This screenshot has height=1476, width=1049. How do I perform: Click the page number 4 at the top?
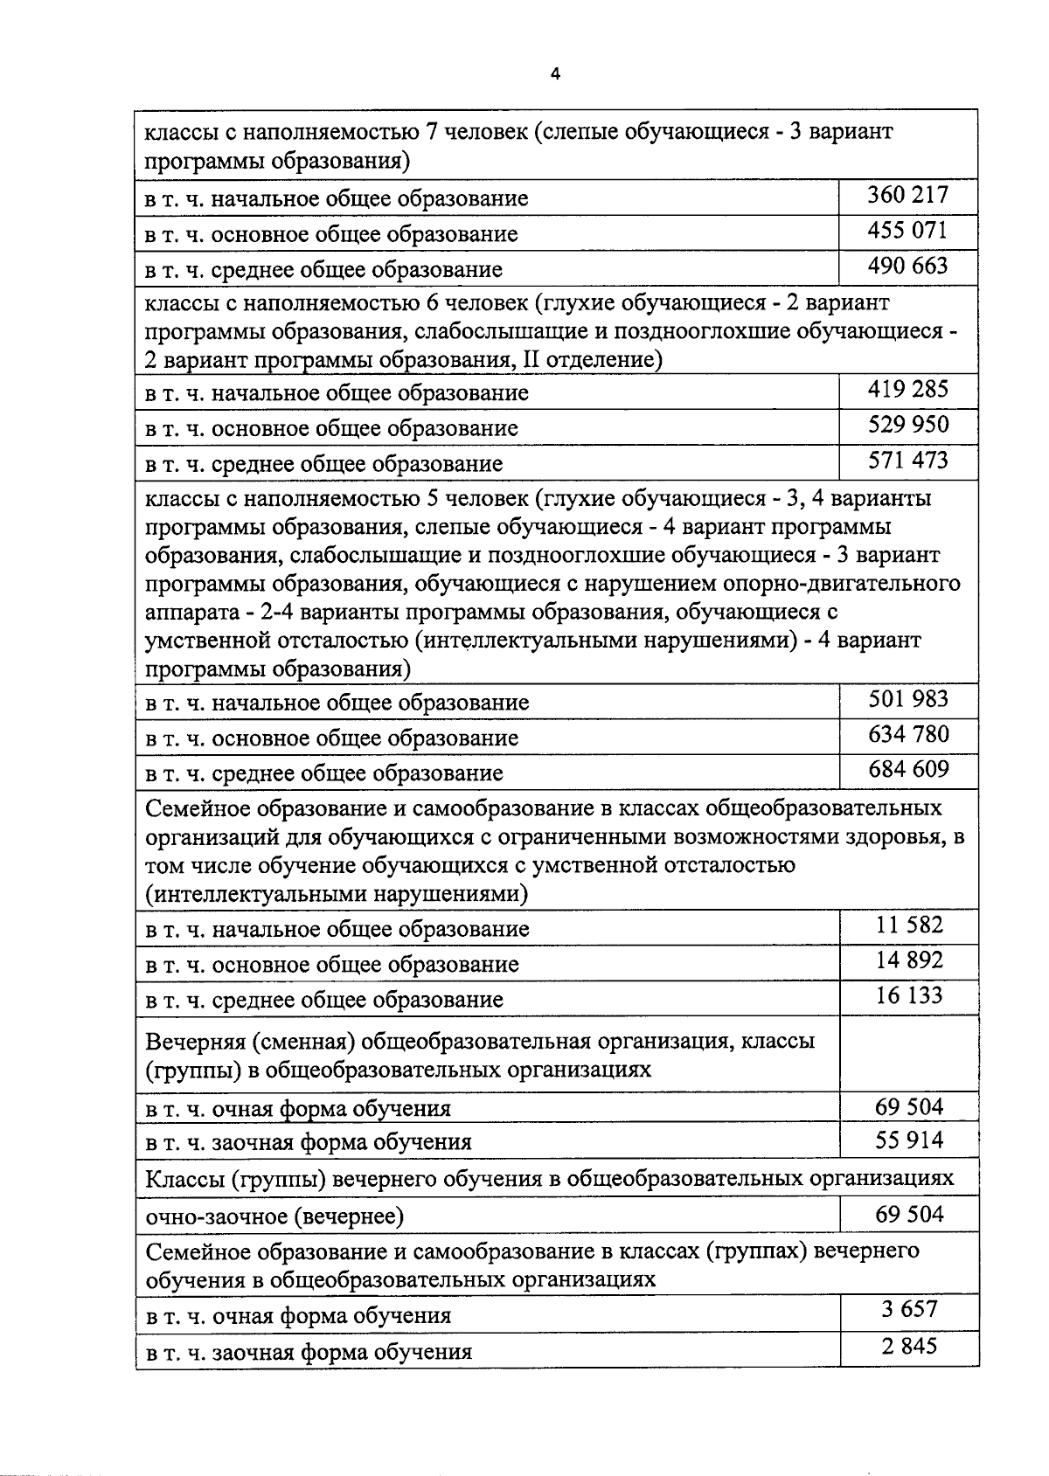coord(554,74)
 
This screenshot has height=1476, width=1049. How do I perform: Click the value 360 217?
coord(907,195)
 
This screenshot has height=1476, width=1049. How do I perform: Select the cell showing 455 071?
coord(907,231)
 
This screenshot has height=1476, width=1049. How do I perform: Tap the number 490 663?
coord(907,266)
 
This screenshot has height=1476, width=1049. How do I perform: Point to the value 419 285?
coord(907,389)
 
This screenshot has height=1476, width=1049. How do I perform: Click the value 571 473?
coord(907,460)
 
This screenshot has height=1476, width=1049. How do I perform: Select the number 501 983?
coord(907,699)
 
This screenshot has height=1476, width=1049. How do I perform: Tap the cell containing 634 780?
coord(907,734)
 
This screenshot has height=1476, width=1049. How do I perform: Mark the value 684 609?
coord(907,769)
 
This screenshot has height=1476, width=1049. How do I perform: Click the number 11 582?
coord(909,925)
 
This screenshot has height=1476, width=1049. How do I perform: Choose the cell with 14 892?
coord(909,960)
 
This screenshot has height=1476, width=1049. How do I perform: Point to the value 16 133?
coord(909,995)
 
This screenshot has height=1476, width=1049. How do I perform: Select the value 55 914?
coord(909,1140)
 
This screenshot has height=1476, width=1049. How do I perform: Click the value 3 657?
coord(909,1309)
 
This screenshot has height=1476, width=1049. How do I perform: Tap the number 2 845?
coord(909,1346)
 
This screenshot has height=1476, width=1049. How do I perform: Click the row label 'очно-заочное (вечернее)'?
coord(274,1216)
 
